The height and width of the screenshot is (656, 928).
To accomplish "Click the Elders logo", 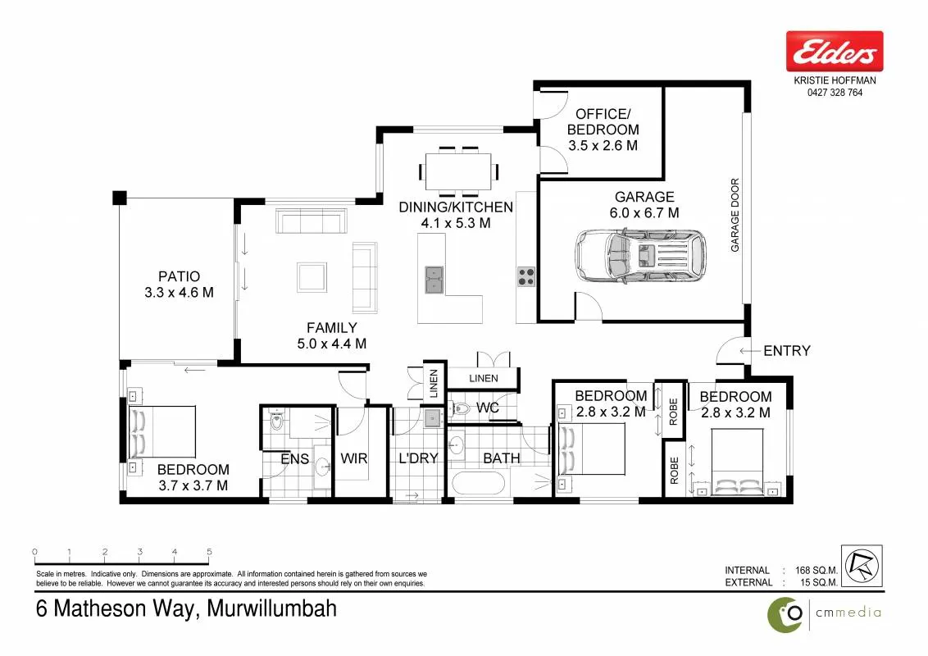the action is click(835, 52).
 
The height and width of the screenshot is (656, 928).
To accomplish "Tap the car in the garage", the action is click(640, 256).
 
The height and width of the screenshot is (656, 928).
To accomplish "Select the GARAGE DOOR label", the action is click(735, 215).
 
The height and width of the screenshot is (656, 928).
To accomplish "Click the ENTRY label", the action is click(786, 351).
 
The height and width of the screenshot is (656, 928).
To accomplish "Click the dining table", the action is click(459, 171).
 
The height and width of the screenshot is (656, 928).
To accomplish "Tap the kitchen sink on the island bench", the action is click(434, 280).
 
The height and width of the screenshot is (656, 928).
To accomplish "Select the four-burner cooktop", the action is click(526, 276).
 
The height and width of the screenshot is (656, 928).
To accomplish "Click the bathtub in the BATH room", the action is click(478, 483).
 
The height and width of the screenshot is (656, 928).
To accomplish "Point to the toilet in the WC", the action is click(460, 408).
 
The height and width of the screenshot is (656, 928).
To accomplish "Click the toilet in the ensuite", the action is click(276, 420).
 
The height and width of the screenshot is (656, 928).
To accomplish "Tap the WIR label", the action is click(354, 458).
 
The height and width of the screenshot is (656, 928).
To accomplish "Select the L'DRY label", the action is click(418, 458).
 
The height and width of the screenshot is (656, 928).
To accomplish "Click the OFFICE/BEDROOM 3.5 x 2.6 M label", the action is click(603, 130).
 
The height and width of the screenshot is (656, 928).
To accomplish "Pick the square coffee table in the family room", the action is click(312, 277).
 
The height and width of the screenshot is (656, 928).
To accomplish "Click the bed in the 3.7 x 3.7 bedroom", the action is click(162, 431).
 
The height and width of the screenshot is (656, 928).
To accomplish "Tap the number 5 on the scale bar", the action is click(210, 552).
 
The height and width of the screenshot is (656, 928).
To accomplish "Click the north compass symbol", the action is click(862, 566).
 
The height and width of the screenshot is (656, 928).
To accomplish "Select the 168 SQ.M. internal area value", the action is click(817, 570).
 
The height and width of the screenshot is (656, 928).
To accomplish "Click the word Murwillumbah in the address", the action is click(272, 608).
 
